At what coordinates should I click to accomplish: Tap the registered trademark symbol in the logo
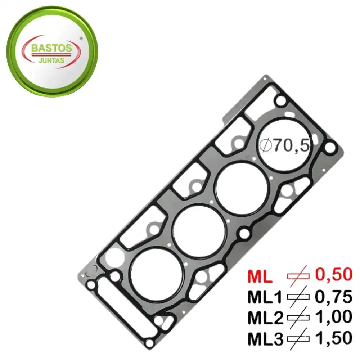[81, 38]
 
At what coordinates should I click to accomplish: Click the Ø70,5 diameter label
[284, 145]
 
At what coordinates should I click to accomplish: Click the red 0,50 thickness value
[333, 275]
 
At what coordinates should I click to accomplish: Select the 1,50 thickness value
[333, 338]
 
